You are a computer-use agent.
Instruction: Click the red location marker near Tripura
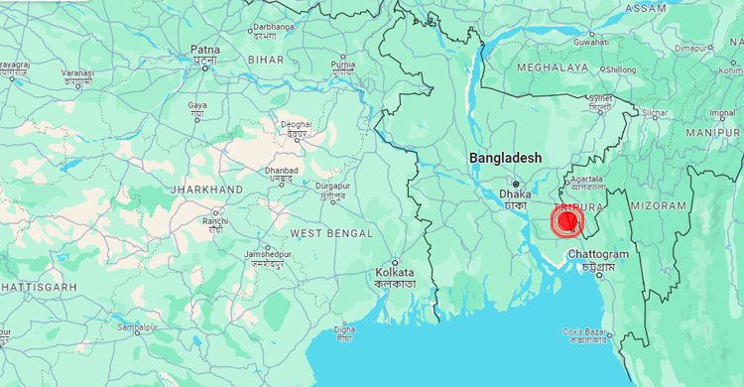coord(567,221)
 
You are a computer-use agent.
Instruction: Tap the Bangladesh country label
coord(506,158)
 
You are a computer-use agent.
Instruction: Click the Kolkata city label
coord(396,273)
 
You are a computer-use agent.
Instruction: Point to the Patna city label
coord(204,50)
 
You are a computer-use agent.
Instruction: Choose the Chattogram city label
coord(598,255)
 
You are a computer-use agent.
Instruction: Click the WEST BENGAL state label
coord(331,233)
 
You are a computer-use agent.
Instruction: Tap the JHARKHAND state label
coord(206,189)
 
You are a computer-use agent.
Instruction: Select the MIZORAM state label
coord(658,205)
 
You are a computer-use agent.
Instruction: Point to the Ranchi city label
coord(215,220)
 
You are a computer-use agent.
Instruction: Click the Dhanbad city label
coord(281,171)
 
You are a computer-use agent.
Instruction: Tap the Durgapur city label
coord(332,186)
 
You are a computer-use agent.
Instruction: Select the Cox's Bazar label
coord(585,331)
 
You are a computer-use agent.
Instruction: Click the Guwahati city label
coord(590,43)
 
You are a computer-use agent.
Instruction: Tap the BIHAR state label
coord(265,60)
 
